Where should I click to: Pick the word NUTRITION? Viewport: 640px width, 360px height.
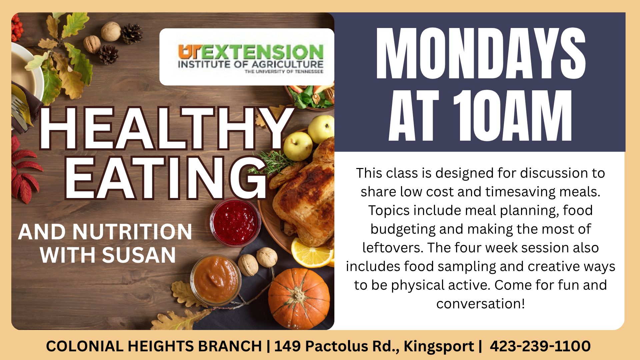[132, 232]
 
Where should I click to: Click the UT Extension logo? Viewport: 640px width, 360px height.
[251, 59]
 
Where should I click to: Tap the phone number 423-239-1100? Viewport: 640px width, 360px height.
[540, 346]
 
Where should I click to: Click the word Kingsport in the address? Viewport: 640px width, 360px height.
[439, 347]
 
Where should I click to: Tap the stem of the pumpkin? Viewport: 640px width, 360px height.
[296, 294]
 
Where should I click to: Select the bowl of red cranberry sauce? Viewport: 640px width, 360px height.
[235, 222]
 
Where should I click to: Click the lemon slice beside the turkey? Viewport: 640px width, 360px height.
[312, 252]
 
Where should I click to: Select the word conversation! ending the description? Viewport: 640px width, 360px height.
[480, 304]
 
